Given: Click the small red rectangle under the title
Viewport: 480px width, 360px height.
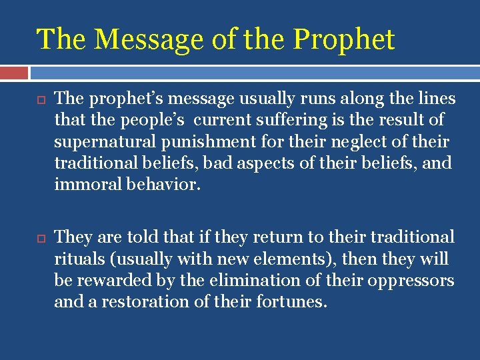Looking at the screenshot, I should [x=14, y=72].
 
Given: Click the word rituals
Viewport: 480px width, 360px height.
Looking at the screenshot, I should [x=76, y=259].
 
